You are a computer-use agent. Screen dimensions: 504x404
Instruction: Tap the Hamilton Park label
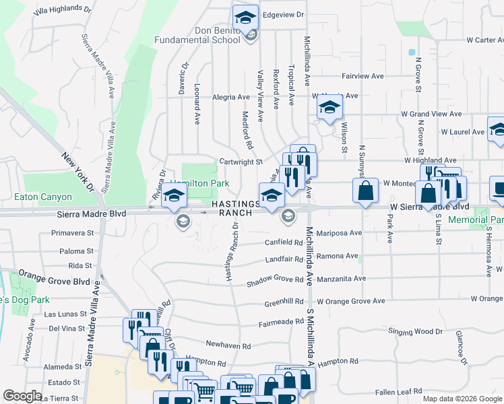point(199,184)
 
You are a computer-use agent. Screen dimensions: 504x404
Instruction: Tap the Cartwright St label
point(241,162)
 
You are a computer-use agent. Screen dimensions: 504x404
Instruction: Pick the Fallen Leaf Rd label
point(398,391)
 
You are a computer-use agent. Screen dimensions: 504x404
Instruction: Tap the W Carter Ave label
point(475,40)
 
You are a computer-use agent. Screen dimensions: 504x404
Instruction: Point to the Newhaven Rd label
point(228,345)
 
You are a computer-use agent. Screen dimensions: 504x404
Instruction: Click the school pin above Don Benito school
point(246,17)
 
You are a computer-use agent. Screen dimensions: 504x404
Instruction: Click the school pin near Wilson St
point(329,108)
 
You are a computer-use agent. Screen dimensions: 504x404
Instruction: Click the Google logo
point(22,396)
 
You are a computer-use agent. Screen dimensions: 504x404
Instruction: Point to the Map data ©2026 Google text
point(462,399)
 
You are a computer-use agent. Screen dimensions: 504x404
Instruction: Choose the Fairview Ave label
point(363,77)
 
